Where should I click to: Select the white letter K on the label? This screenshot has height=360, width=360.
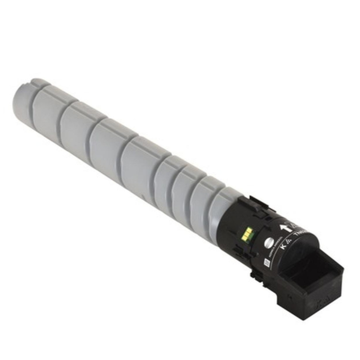pyautogui.click(x=283, y=247)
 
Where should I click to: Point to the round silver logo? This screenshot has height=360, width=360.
pyautogui.click(x=268, y=242)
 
